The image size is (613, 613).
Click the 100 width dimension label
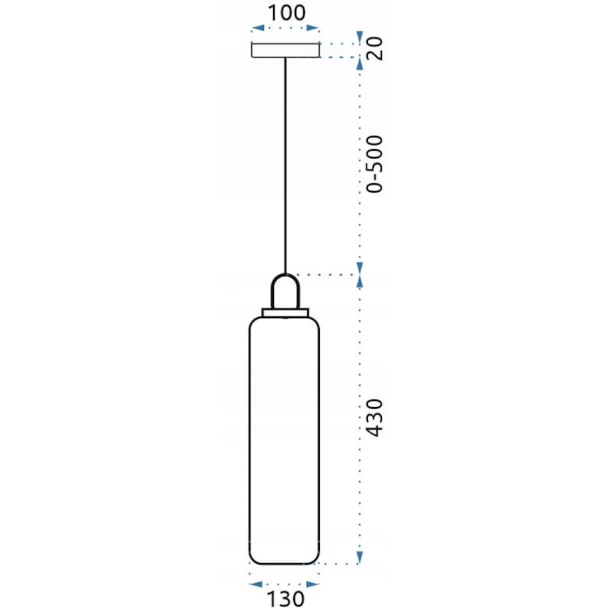[x=287, y=13]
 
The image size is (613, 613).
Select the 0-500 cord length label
[x=376, y=163]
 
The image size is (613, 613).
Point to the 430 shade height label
[x=376, y=418]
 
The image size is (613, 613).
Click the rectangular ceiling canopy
[x=285, y=50]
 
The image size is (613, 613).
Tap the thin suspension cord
[x=285, y=167]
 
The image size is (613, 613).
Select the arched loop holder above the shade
[x=285, y=291]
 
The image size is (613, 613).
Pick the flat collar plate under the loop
[x=285, y=312]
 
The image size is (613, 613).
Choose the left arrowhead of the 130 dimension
[x=254, y=584]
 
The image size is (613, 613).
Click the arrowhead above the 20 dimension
[x=360, y=36]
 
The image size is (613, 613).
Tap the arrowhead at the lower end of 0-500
[x=360, y=267]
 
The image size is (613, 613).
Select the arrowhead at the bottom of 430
[x=360, y=556]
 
